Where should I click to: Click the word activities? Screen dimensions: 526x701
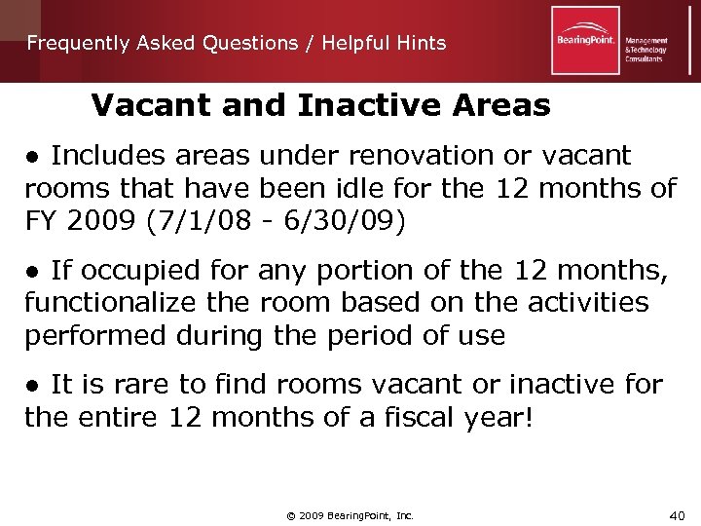coord(584,302)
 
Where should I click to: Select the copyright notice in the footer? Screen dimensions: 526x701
coord(350,514)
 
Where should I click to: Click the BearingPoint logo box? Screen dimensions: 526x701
coord(585,40)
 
